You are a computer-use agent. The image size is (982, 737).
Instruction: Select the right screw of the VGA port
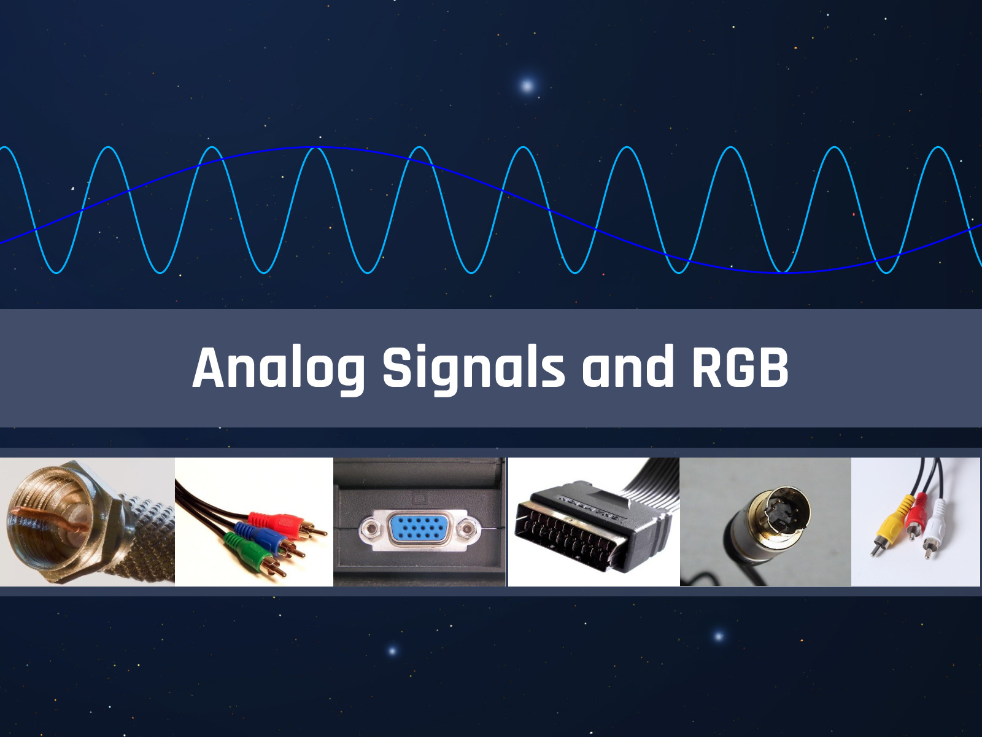(x=467, y=529)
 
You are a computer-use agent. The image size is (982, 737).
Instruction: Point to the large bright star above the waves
(x=527, y=85)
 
